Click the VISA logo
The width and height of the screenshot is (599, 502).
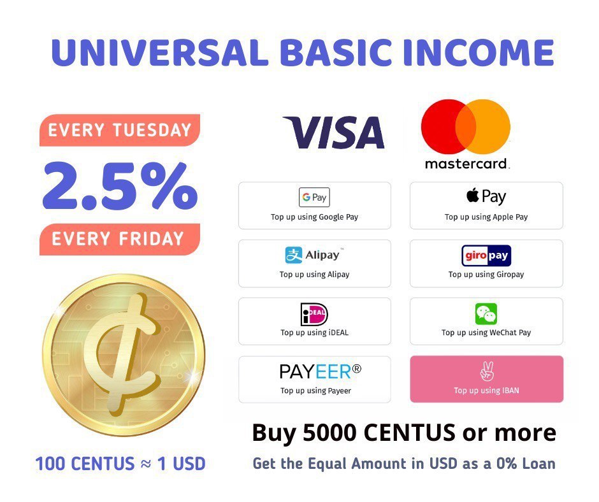click(x=333, y=133)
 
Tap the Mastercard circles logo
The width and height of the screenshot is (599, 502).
click(x=466, y=125)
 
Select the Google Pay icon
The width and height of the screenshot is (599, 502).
click(x=314, y=197)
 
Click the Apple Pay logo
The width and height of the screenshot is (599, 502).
click(x=486, y=196)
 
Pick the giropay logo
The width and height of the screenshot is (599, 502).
click(x=486, y=255)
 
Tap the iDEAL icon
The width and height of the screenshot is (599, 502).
click(x=314, y=314)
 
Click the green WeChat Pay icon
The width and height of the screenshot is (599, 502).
click(x=486, y=314)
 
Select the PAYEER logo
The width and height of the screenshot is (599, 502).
click(x=320, y=371)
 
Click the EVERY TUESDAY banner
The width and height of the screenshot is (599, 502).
click(x=120, y=131)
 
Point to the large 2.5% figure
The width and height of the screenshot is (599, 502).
click(x=120, y=185)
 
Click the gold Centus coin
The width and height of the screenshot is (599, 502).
click(x=124, y=354)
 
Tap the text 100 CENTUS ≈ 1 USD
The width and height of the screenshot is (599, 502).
click(x=120, y=463)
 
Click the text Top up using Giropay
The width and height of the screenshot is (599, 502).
click(x=486, y=275)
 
